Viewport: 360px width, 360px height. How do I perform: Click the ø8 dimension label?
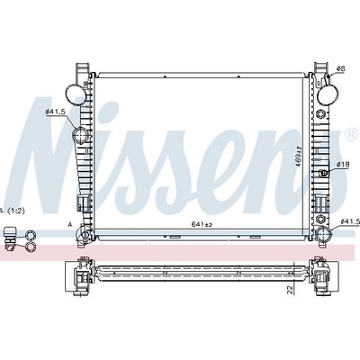[x=340, y=68]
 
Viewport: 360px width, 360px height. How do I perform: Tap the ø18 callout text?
[x=342, y=164]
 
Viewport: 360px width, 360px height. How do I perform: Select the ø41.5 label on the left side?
[x=55, y=112]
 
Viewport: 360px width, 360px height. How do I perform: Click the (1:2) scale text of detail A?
[x=16, y=211]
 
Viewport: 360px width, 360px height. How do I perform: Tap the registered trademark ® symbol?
[x=352, y=135]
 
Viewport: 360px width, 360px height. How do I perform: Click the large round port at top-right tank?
[x=328, y=94]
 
